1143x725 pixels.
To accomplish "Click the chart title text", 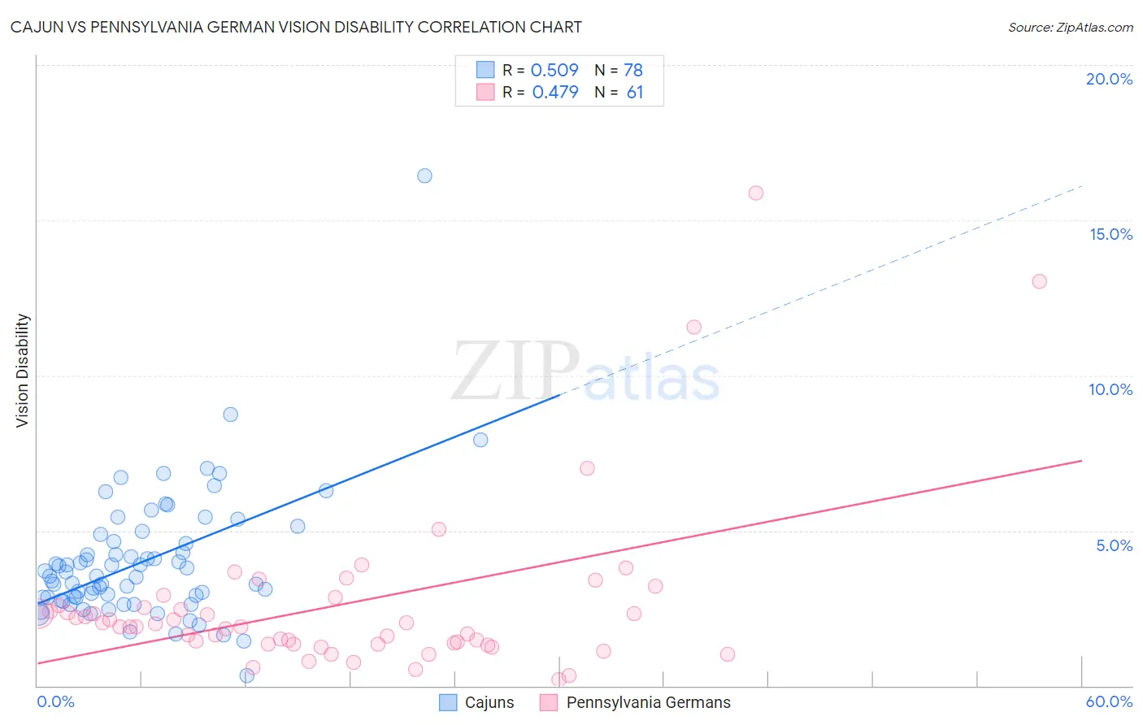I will point(296,27).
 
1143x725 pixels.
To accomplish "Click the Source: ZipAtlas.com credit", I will point(1070,27).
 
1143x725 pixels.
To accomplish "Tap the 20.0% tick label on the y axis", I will point(1109,79).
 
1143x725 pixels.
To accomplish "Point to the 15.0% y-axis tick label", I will point(1110,234).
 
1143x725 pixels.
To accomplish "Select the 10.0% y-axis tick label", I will point(1110,389).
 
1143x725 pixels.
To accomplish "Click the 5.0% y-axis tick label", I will point(1114,545).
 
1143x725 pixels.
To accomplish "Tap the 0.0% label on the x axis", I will point(55,701).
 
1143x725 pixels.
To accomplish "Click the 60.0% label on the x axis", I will point(1109,701).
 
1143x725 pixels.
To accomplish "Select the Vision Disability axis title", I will point(23,371).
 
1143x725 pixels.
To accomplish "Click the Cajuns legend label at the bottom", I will point(489,702).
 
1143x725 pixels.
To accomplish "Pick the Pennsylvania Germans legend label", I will point(648,702).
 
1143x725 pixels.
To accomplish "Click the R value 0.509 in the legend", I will point(554,70).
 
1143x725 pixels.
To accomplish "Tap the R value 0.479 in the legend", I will point(555,92).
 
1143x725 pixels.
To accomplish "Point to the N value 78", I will point(633,70).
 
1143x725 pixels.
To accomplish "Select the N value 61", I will point(635,92).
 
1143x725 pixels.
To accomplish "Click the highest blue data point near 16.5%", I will point(424,176).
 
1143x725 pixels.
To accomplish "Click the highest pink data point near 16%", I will point(756,193).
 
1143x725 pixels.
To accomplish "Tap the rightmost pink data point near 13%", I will point(1039,281).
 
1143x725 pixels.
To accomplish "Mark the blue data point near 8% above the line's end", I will point(480,440).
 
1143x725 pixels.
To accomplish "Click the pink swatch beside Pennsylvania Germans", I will point(549,702).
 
